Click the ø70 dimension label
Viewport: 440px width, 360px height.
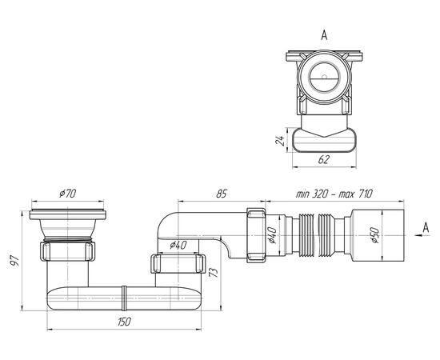(x=68, y=194)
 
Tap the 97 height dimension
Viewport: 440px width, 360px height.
(x=14, y=261)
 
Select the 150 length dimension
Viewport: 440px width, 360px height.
(x=124, y=322)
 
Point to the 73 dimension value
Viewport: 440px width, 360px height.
(x=214, y=273)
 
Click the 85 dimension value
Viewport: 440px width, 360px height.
(x=221, y=194)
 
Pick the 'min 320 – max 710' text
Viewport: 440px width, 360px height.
(x=334, y=194)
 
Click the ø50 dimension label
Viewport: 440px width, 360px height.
(x=375, y=235)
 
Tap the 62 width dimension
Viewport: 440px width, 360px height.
(x=323, y=159)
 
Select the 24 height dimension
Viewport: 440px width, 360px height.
(x=279, y=140)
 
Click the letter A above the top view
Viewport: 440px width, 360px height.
(x=324, y=35)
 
